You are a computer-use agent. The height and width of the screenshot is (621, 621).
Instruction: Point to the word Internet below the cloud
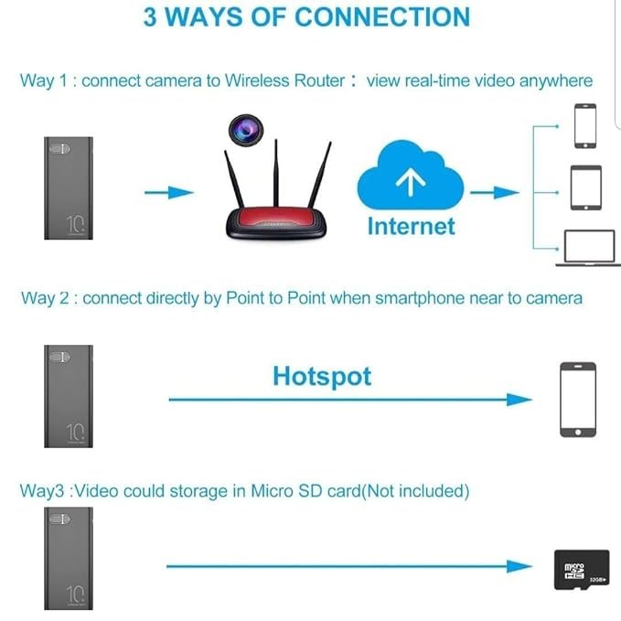411,225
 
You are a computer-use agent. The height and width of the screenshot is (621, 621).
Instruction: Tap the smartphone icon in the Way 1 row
585,125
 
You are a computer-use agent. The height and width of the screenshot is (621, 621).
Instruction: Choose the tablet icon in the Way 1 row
585,187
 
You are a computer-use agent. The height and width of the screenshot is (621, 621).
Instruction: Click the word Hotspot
322,376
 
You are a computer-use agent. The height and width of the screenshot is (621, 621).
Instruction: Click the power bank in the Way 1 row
69,188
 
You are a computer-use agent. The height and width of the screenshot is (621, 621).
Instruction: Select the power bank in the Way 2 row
69,396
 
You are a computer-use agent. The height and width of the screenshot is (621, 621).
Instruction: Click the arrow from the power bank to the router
170,192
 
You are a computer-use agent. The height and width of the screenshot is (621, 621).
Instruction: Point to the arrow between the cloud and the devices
494,192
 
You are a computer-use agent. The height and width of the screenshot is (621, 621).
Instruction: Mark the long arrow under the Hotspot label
348,399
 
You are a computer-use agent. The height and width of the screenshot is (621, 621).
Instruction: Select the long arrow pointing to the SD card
348,566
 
